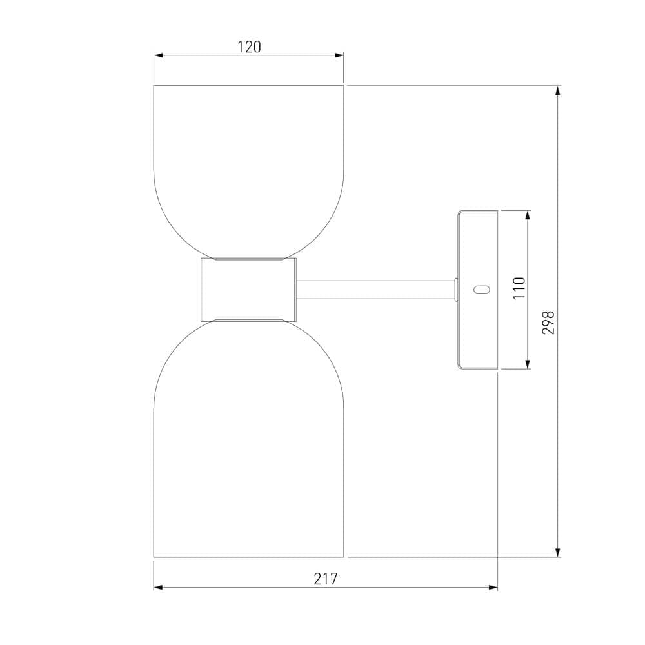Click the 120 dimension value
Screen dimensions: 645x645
[x=248, y=46]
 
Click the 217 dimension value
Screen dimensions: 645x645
[x=326, y=579]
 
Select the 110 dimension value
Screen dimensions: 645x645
[x=520, y=288]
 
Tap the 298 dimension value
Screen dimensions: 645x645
[x=548, y=322]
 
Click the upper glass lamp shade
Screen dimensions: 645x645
[x=248, y=168]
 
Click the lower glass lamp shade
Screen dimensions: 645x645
[x=248, y=439]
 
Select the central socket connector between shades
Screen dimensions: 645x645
[x=248, y=290]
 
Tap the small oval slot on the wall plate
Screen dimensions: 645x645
[x=481, y=290]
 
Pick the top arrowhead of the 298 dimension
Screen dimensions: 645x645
[x=558, y=90]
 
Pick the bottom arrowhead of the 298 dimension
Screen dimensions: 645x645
[x=558, y=553]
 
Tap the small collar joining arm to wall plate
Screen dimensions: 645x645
[x=456, y=290]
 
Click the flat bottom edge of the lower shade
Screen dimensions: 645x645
[x=248, y=557]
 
